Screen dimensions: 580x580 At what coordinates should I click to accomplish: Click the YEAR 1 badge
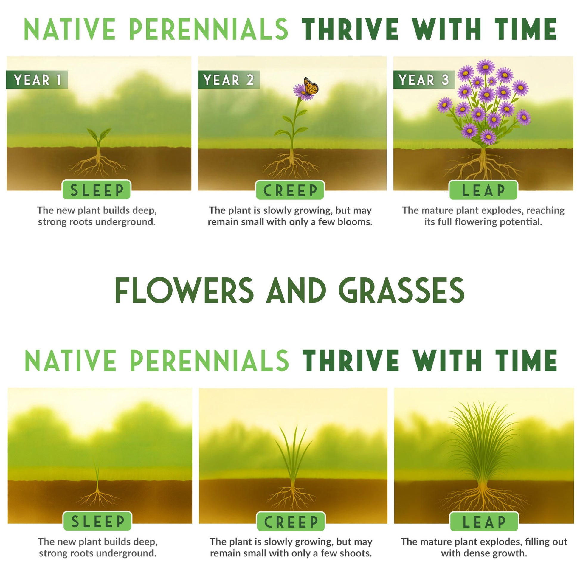point(37,80)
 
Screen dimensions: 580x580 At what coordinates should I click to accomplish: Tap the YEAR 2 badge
point(229,80)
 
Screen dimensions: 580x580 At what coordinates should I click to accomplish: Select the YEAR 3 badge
point(424,80)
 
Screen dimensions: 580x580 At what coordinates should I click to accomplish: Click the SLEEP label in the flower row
point(97,190)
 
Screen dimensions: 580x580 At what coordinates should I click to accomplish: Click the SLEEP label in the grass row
point(97,522)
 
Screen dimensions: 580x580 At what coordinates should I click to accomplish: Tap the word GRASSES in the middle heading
point(401,291)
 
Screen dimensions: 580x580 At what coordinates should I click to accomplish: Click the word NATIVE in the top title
point(70,29)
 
